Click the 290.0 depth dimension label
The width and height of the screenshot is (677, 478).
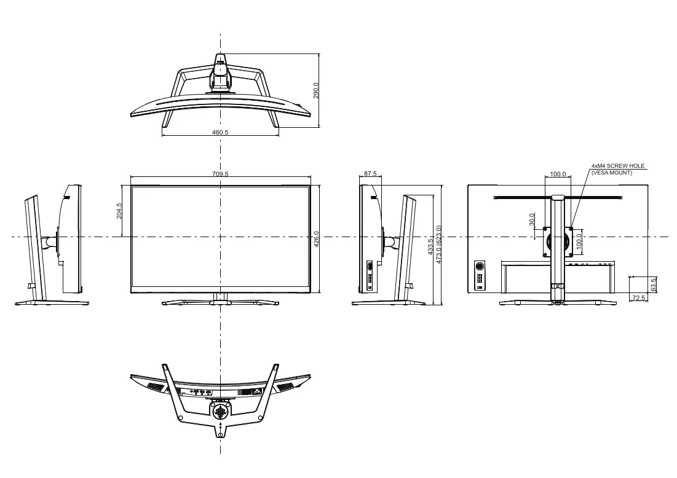coord(315,90)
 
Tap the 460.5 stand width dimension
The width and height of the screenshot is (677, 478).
coord(220,133)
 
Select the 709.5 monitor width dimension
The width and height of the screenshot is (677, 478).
coord(220,174)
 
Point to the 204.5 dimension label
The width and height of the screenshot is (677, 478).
coord(119,211)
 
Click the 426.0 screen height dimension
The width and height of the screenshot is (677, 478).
coord(316,239)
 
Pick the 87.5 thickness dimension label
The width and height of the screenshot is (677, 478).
coord(370,174)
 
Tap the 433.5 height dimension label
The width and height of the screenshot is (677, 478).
coord(430,247)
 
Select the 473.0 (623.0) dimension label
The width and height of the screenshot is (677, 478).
coord(438,245)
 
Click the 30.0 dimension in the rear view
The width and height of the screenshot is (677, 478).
coord(532,219)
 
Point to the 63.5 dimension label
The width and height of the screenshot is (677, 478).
coord(653,284)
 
